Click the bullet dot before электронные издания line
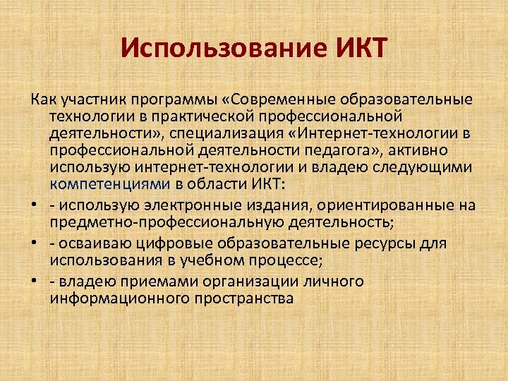[x=35, y=205]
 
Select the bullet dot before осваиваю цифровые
[x=35, y=243]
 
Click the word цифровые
[x=179, y=242]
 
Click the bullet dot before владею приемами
[x=35, y=281]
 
